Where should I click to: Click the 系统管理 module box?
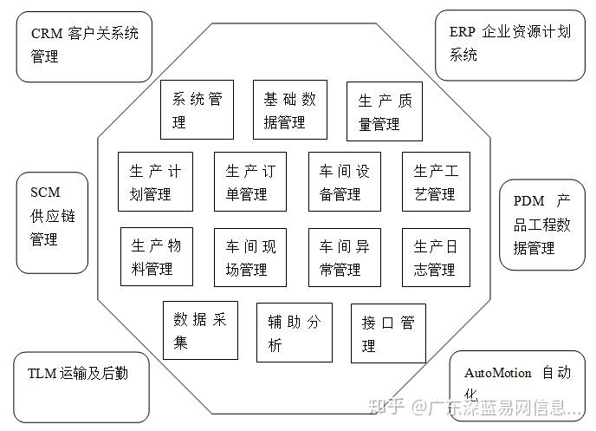(197, 109)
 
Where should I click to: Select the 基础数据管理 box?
(290, 109)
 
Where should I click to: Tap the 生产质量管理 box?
(384, 111)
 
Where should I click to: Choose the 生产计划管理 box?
(155, 181)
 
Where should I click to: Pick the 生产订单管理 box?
(249, 181)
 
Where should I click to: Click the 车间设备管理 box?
(344, 181)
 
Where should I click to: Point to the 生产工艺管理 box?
(436, 181)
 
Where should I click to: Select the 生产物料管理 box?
(155, 257)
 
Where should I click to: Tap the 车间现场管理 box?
(249, 257)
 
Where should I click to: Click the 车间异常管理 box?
(344, 257)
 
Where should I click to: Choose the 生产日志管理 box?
(436, 257)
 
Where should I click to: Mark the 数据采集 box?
(200, 330)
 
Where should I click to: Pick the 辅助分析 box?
(294, 332)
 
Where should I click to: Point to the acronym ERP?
(463, 32)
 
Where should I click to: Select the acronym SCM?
(45, 192)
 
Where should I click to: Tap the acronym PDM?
(529, 200)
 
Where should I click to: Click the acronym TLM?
(42, 374)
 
